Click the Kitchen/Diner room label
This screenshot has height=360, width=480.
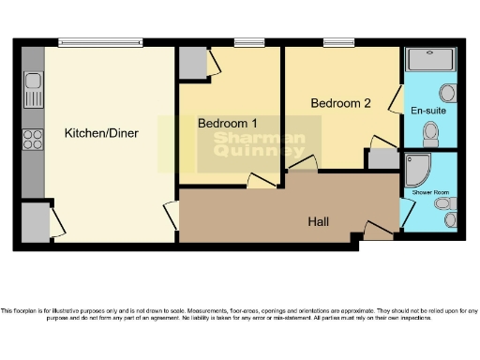pos(101,133)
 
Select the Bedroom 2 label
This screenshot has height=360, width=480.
pos(339,103)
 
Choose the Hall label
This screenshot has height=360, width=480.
pos(319,221)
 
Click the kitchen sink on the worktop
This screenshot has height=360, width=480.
pos(34,90)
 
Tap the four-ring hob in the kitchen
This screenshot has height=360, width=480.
pos(33,140)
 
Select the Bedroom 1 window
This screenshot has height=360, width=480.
pos(247,42)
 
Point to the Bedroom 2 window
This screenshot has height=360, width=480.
pos(337,42)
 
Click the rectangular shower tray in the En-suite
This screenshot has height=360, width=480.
pos(430,60)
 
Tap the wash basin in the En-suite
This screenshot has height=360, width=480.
pos(447,94)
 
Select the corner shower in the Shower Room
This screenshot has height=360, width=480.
pos(416,170)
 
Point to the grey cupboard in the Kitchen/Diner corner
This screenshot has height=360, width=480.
pos(35,222)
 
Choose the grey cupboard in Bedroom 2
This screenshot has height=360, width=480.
pos(382,158)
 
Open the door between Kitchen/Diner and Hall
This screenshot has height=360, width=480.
pos(172,215)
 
